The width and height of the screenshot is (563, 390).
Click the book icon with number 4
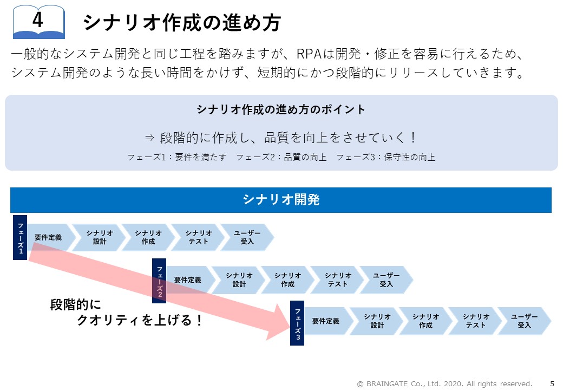tap(39, 22)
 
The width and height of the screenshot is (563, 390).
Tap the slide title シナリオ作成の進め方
tap(182, 23)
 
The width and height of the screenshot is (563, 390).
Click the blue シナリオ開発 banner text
tap(281, 200)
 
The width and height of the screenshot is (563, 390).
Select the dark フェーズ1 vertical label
tap(20, 237)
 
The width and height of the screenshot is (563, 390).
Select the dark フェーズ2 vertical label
tap(159, 281)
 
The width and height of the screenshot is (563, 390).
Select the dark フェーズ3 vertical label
tap(297, 323)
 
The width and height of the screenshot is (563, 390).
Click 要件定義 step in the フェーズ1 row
tap(50, 237)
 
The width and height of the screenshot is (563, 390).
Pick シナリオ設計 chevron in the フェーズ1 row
tap(100, 237)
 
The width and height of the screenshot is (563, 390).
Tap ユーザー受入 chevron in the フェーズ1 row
tap(247, 237)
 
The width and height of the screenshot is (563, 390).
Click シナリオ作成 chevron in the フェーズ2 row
tap(287, 279)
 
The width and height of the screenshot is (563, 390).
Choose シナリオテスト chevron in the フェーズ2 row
tap(337, 279)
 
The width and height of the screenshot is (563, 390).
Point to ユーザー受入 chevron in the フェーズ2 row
tap(387, 279)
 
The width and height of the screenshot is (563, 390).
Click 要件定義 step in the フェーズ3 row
tap(328, 321)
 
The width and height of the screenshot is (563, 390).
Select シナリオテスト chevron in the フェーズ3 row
tap(475, 321)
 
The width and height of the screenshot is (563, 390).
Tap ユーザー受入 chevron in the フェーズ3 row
tap(524, 321)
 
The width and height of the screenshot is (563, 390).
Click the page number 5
tap(552, 383)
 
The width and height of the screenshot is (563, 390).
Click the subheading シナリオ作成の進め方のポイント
tap(281, 109)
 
